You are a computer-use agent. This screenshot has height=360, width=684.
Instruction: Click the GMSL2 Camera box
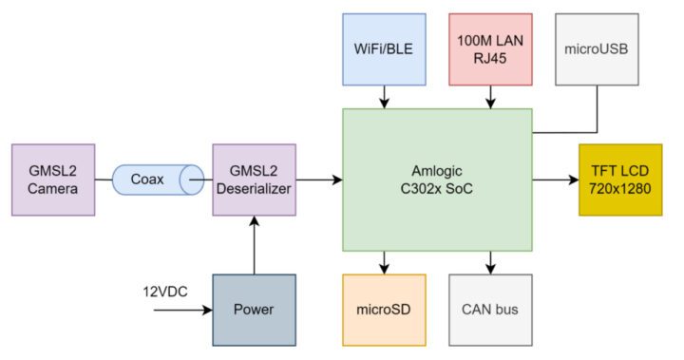52,180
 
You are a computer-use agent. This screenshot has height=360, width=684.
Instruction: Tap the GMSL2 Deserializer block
254,180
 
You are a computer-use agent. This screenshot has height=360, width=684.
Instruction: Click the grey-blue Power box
254,310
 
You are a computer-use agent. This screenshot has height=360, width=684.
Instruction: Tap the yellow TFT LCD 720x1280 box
619,180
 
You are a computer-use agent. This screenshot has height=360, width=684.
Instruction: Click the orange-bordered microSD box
383,310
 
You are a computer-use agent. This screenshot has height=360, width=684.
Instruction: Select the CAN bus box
490,310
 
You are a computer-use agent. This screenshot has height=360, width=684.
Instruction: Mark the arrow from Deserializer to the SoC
318,180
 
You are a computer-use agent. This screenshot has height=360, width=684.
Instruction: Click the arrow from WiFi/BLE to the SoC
383,95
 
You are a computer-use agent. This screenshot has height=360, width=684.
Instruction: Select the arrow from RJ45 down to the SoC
490,95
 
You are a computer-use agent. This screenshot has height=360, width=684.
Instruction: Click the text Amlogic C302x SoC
436,180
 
